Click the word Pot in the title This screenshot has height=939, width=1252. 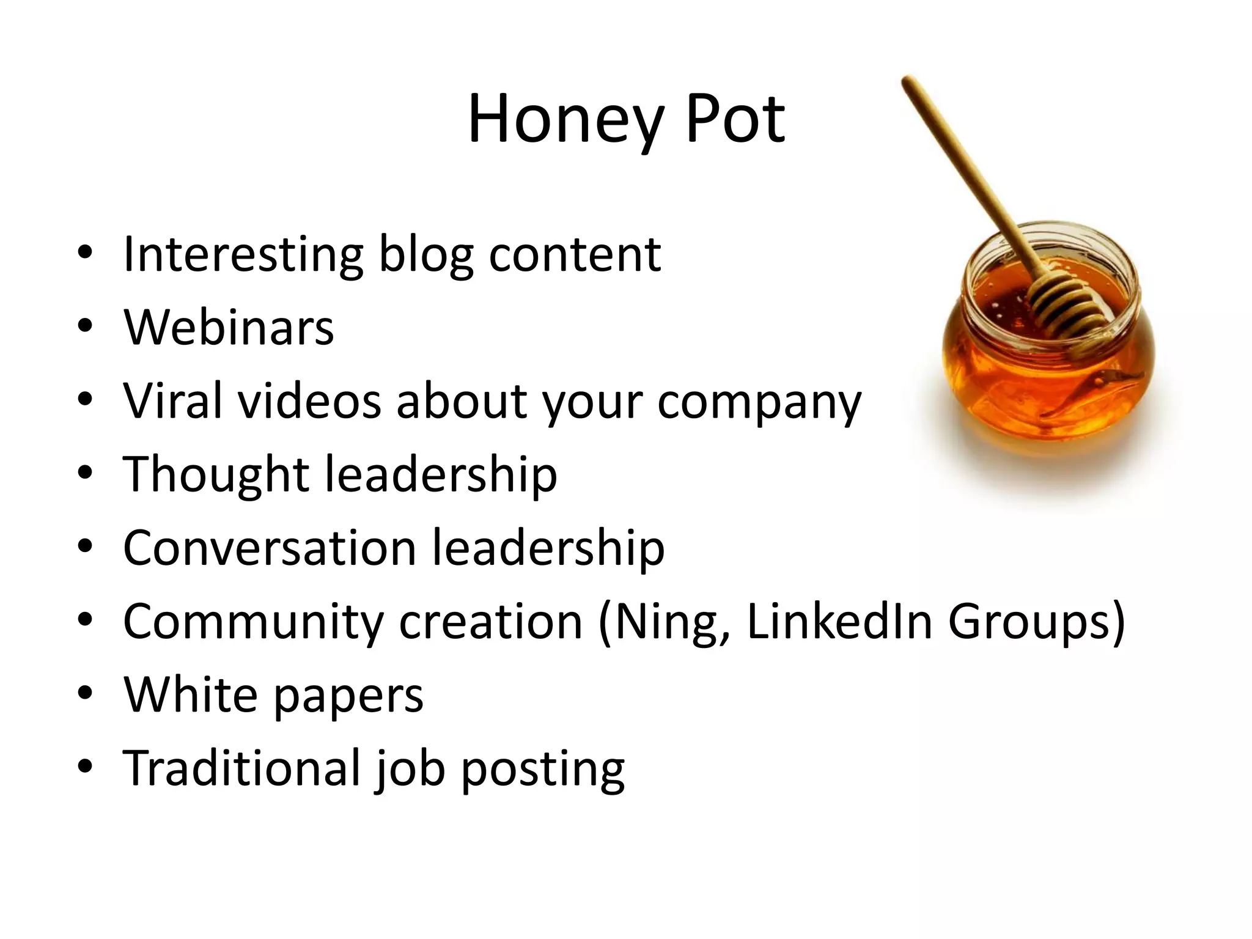[x=735, y=119]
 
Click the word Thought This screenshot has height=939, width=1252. [x=216, y=474]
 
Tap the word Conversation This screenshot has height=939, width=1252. [x=270, y=547]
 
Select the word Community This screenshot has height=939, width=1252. [x=253, y=621]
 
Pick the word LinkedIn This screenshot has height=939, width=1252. [x=839, y=621]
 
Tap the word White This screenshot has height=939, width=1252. [x=190, y=694]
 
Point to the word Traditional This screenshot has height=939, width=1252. [x=241, y=768]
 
